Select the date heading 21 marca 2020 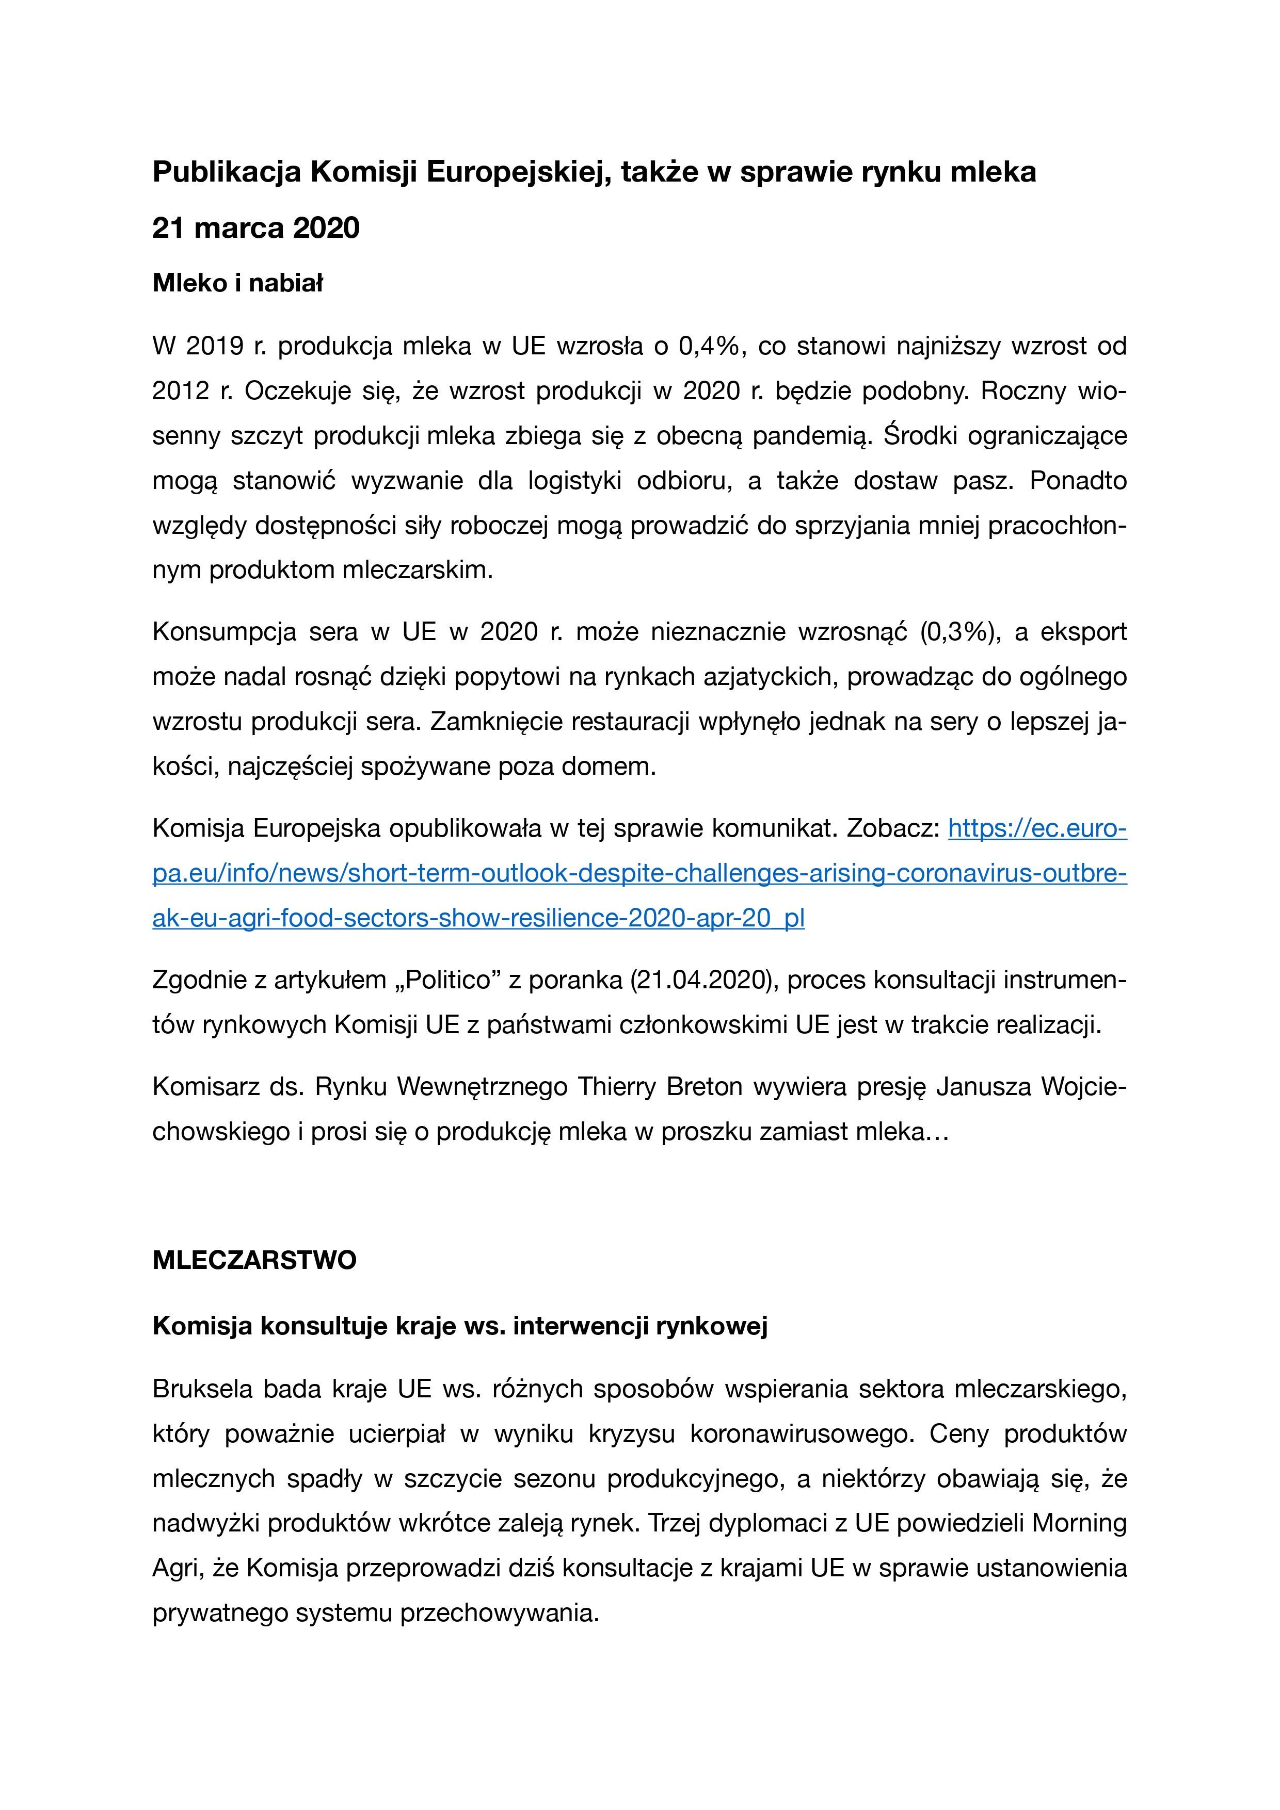(x=255, y=228)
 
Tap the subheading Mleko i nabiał (x=237, y=283)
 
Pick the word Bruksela (x=202, y=1389)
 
